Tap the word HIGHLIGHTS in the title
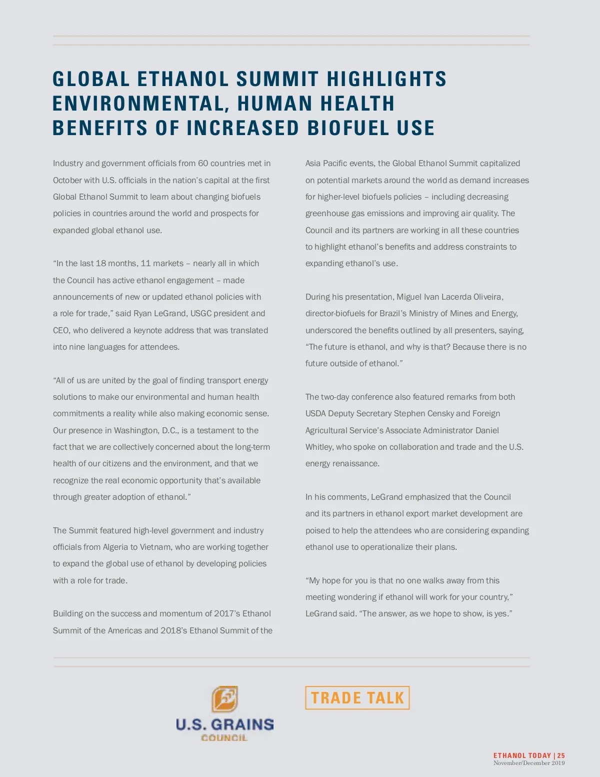click(x=386, y=79)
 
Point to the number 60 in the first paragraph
click(x=203, y=164)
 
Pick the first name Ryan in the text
click(x=142, y=314)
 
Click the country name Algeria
click(x=115, y=547)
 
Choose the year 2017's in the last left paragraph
click(x=227, y=613)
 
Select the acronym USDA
click(x=316, y=413)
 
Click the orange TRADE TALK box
click(x=357, y=697)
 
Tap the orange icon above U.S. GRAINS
click(x=224, y=699)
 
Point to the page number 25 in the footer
click(x=561, y=755)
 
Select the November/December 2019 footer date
click(x=529, y=763)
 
